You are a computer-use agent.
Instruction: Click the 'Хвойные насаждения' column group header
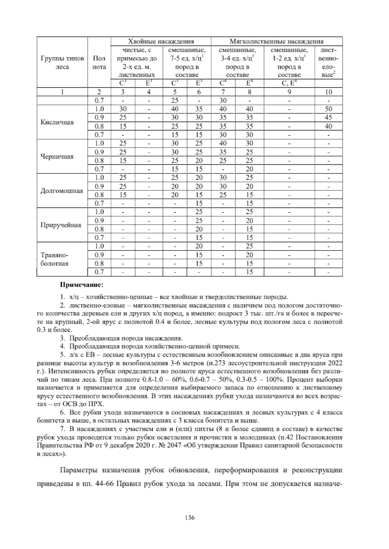[x=161, y=41]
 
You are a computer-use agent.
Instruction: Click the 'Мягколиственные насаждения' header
[x=277, y=41]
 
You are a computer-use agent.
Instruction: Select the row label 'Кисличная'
[x=57, y=122]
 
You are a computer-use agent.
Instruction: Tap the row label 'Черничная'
[x=57, y=157]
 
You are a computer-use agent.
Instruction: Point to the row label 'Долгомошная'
[x=57, y=191]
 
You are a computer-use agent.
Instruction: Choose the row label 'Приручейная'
[x=60, y=225]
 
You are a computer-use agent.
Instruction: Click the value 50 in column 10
[x=328, y=109]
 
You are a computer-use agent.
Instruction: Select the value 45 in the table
[x=328, y=118]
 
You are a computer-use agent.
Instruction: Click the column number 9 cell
[x=289, y=92]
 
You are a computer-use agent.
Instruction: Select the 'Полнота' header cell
[x=99, y=62]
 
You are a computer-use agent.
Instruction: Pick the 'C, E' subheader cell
[x=289, y=84]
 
